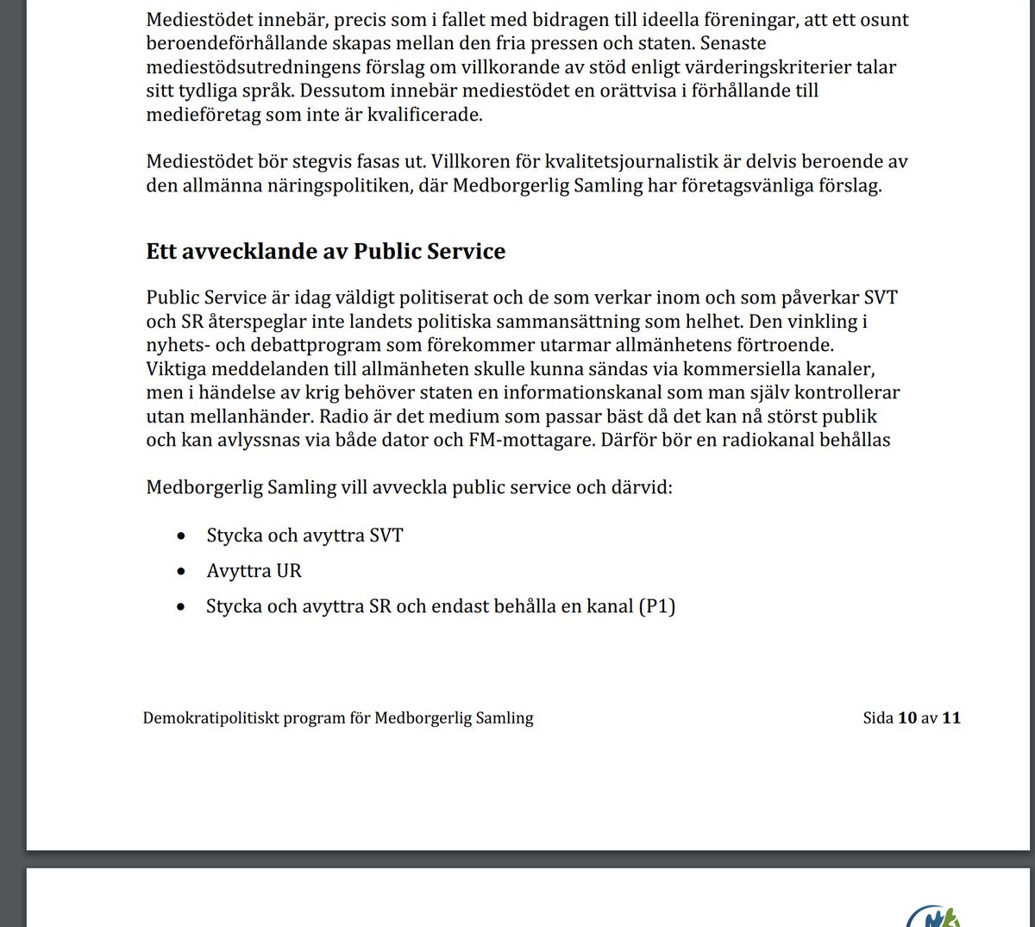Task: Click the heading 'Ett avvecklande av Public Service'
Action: click(325, 251)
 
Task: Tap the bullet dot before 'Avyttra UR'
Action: click(180, 572)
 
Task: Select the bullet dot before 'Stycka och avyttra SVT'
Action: click(180, 536)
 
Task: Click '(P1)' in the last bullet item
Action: click(656, 606)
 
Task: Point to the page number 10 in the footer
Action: click(907, 717)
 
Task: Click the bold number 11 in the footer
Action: click(950, 717)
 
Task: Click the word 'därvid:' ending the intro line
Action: click(642, 487)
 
